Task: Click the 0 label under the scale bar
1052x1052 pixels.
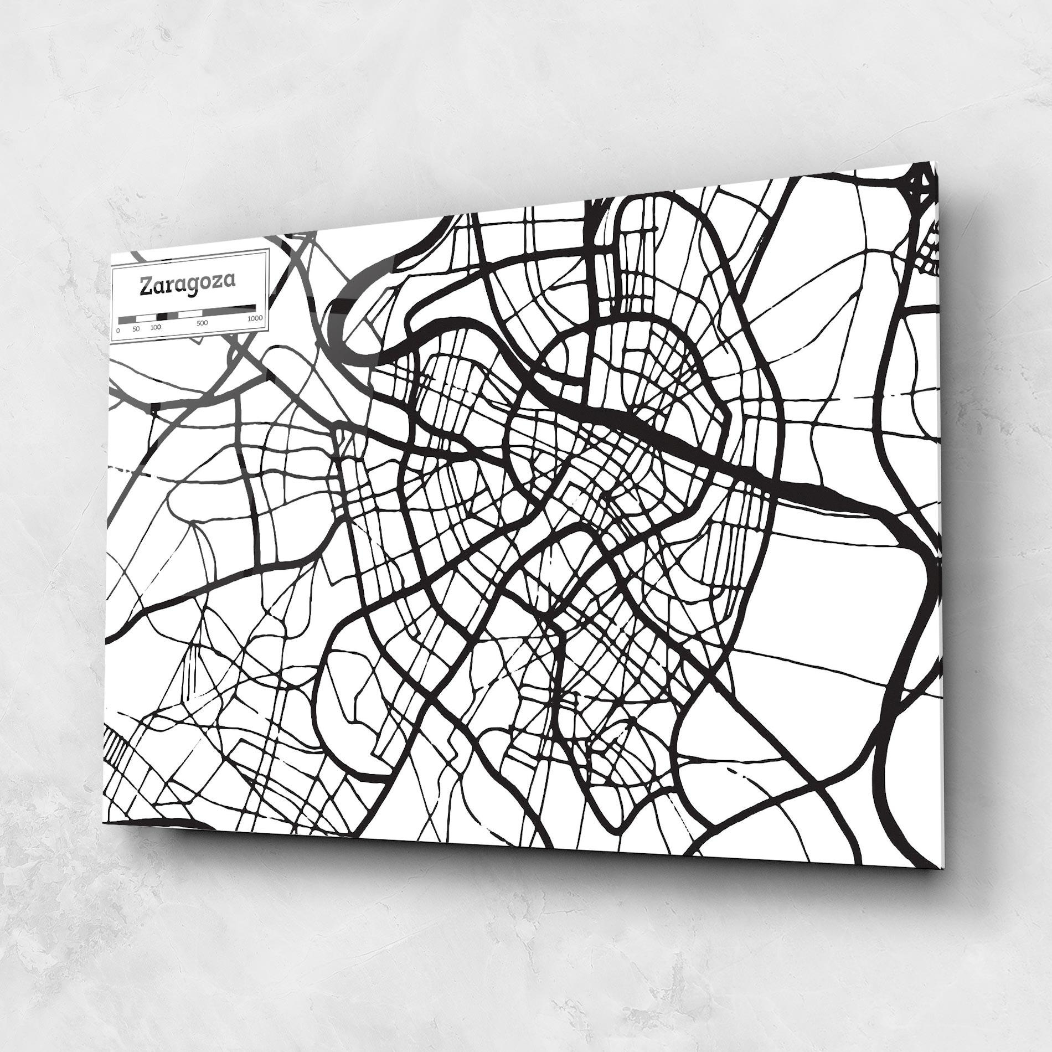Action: (x=118, y=330)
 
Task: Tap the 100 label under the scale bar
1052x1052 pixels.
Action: (x=156, y=327)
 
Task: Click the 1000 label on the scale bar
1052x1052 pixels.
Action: (x=255, y=318)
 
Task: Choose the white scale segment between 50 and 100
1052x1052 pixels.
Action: (x=146, y=318)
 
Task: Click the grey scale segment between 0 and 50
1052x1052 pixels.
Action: (x=127, y=319)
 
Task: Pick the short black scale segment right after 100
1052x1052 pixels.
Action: (x=162, y=316)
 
